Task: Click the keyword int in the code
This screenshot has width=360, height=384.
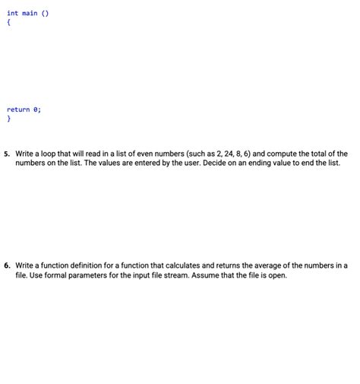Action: click(13, 12)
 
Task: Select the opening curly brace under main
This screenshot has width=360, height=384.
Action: click(9, 22)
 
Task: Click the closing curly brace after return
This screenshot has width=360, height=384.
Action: click(9, 119)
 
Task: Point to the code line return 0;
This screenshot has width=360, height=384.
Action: click(24, 109)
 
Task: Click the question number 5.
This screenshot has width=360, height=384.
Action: click(6, 154)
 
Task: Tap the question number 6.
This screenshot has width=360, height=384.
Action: click(6, 265)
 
